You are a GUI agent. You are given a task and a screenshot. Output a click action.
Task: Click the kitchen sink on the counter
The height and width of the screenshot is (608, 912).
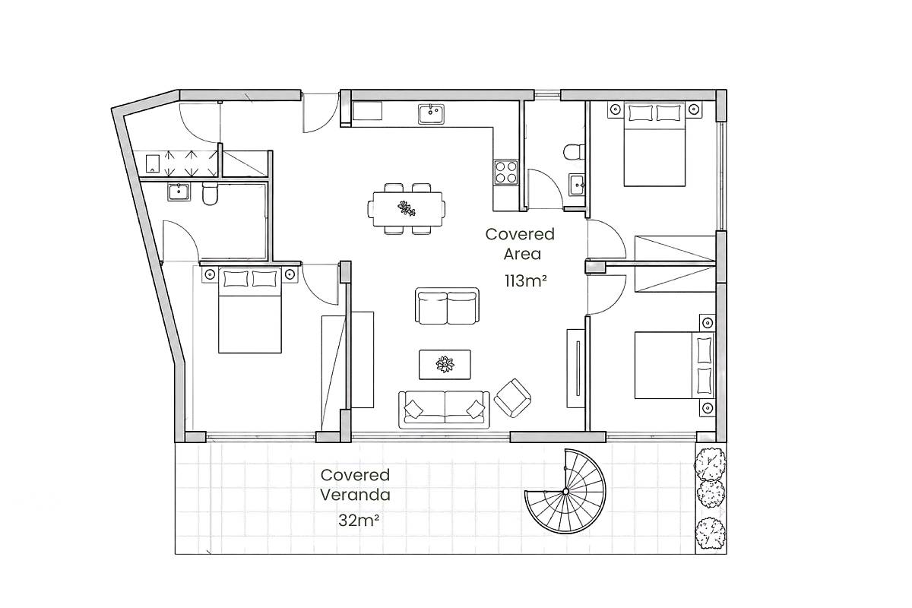pyautogui.click(x=432, y=114)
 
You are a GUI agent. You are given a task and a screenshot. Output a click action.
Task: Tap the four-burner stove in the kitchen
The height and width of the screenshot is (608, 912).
pyautogui.click(x=506, y=172)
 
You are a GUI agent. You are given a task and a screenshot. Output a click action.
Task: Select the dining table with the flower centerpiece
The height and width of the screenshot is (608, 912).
pyautogui.click(x=407, y=209)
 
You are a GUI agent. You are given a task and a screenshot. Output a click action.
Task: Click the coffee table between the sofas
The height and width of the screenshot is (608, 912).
pyautogui.click(x=445, y=365)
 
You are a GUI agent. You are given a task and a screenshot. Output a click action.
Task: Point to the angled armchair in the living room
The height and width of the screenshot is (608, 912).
pyautogui.click(x=512, y=397)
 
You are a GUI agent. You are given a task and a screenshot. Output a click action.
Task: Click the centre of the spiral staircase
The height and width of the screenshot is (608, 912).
pyautogui.click(x=565, y=492)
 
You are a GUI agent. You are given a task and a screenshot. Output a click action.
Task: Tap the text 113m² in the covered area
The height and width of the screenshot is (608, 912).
pyautogui.click(x=525, y=280)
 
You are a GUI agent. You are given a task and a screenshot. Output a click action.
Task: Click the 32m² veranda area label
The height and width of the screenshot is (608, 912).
pyautogui.click(x=359, y=521)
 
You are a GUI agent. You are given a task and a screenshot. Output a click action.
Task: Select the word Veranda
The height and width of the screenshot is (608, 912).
pyautogui.click(x=355, y=495)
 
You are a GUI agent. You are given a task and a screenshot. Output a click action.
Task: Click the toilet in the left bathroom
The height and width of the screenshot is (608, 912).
pyautogui.click(x=210, y=194)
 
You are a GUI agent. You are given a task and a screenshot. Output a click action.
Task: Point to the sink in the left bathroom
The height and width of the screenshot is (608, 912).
pyautogui.click(x=179, y=192)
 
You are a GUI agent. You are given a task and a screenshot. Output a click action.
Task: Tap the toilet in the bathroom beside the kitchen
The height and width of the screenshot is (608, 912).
pyautogui.click(x=574, y=152)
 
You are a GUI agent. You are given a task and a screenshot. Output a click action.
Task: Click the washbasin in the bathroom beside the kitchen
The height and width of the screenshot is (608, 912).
pyautogui.click(x=577, y=185)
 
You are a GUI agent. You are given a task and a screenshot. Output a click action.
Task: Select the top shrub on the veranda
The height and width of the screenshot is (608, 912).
pyautogui.click(x=710, y=464)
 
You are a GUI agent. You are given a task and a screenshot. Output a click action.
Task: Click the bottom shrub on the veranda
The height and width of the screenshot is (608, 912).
pyautogui.click(x=710, y=534)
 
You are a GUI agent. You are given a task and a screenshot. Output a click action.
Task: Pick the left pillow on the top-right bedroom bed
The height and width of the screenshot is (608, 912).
pyautogui.click(x=641, y=112)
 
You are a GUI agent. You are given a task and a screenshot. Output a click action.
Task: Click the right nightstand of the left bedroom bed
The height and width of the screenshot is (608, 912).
pyautogui.click(x=290, y=274)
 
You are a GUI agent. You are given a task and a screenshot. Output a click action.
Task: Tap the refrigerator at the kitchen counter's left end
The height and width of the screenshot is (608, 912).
pyautogui.click(x=367, y=111)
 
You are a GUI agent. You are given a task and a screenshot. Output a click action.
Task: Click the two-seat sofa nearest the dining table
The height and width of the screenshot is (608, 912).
pyautogui.click(x=447, y=306)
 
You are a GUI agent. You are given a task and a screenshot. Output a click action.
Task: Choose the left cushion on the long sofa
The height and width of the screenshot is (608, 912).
pyautogui.click(x=413, y=408)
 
